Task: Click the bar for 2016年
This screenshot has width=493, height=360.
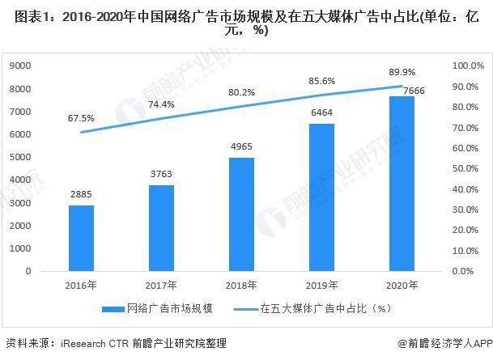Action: coord(80,238)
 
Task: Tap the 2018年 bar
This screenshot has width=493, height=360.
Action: coord(242,214)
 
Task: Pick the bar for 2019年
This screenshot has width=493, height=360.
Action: coord(322,197)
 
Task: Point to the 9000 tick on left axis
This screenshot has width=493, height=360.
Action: coord(20,66)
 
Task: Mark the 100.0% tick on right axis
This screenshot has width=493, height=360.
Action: coord(466,66)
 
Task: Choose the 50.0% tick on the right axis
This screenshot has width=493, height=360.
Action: coord(468,168)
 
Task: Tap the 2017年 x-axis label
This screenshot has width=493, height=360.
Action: coord(161,284)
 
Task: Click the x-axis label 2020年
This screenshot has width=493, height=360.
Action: coord(402,284)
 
